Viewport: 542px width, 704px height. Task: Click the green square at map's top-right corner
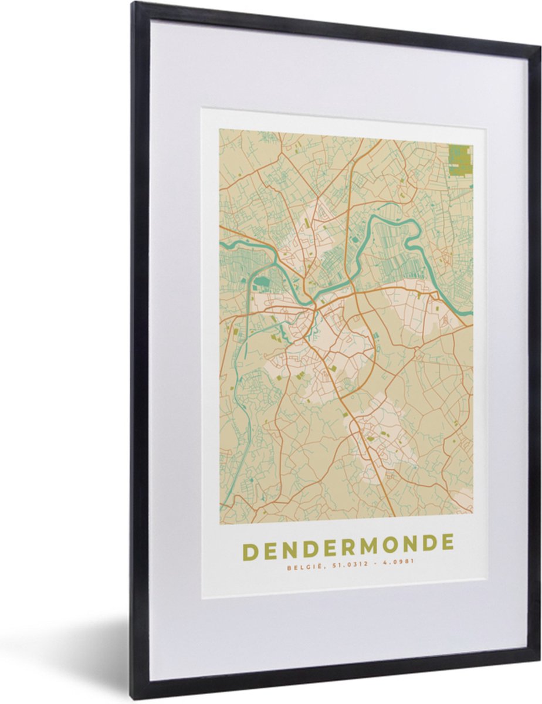pyautogui.click(x=460, y=160)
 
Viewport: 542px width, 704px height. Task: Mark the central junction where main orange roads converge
pyautogui.click(x=315, y=306)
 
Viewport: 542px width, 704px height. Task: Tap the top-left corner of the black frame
pyautogui.click(x=133, y=4)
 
